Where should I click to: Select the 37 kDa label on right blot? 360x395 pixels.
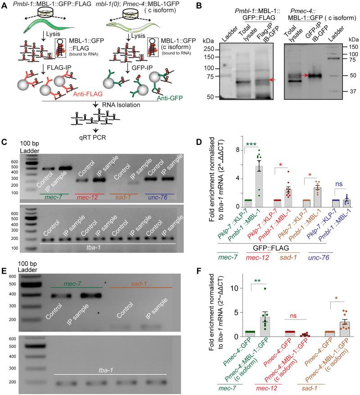(x=346, y=91)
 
